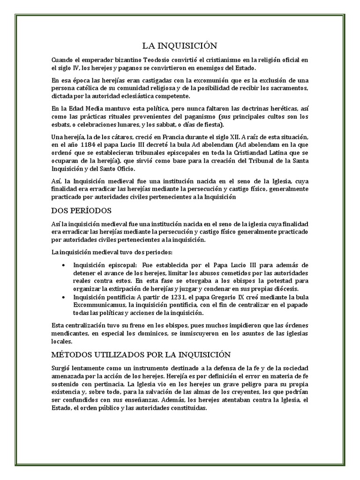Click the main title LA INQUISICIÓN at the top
(180, 45)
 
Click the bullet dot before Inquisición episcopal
(63, 265)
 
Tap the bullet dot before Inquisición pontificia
(63, 297)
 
